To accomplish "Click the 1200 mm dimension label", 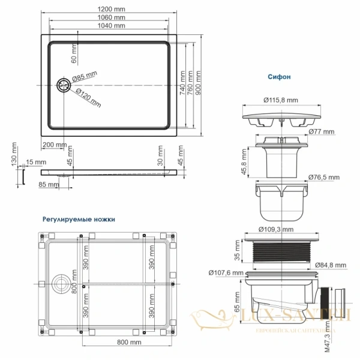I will pos(112,9).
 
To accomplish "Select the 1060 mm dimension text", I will pos(112,17).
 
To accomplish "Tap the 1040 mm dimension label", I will pos(112,26).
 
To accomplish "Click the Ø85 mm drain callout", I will pos(85,76).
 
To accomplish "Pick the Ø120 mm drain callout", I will pos(88,95).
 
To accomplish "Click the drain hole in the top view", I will pos(62,86).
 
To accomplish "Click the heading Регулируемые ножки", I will pos(78,220).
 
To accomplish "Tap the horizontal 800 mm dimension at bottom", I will pos(129,342).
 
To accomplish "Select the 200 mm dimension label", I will pos(55,146).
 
